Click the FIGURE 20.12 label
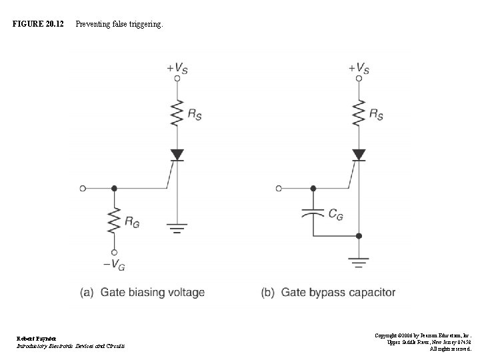pos(38,25)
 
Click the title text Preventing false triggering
pos(118,25)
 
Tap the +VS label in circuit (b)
pos(359,67)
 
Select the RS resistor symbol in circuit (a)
pos(177,114)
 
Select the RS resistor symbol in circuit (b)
pos(359,114)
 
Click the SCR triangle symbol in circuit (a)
pos(177,154)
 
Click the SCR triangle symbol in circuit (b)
pos(359,154)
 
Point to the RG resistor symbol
pos(115,221)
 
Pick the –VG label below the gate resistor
pos(115,265)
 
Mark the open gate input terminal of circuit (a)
pos(83,189)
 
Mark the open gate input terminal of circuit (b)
pos(279,189)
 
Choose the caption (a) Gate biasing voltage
pos(143,292)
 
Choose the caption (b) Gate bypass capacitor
pos(329,292)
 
